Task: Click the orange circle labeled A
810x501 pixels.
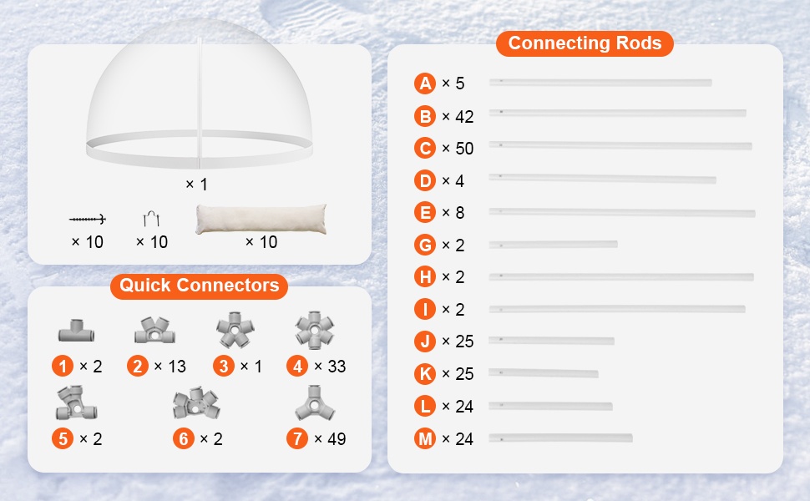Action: click(x=425, y=83)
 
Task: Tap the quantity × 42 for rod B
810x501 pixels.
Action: click(x=458, y=117)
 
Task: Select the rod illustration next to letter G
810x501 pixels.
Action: click(x=554, y=245)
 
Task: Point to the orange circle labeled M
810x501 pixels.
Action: click(x=425, y=438)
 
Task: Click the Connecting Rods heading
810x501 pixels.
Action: click(x=585, y=43)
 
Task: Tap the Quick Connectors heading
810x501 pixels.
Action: click(x=199, y=285)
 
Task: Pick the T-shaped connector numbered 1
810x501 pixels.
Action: click(x=76, y=331)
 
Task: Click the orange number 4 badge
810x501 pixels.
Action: click(x=297, y=367)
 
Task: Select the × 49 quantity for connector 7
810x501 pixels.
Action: click(x=330, y=439)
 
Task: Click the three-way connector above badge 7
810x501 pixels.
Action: click(x=315, y=403)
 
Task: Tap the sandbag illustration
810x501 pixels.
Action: click(x=261, y=219)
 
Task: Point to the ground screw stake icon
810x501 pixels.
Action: click(x=88, y=220)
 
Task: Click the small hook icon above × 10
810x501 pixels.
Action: click(x=151, y=219)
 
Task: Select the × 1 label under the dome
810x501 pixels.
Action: click(x=196, y=185)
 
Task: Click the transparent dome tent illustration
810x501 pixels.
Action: click(x=200, y=93)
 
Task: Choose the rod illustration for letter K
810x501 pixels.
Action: click(x=544, y=373)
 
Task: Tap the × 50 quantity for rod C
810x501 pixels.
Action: click(x=458, y=149)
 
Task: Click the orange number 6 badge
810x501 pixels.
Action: click(x=184, y=438)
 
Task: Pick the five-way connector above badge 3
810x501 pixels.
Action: click(x=235, y=330)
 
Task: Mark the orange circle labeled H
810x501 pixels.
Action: click(x=425, y=277)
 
